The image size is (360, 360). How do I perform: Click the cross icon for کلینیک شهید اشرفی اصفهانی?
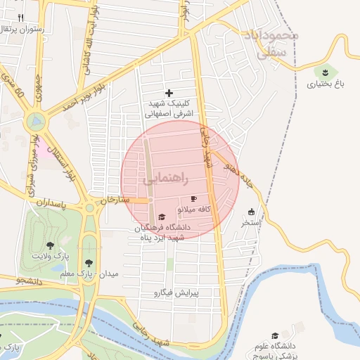pos(169,93)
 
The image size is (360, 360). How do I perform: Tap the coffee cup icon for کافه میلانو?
pos(194,199)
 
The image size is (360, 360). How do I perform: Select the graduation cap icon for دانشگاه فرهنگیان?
pos(162,217)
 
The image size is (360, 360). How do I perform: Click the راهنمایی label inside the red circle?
pos(166,180)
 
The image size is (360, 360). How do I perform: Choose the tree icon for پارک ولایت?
pos(50,245)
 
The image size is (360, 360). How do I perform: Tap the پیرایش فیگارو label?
pos(178,292)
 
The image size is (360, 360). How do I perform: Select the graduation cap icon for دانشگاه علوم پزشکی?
pos(276,335)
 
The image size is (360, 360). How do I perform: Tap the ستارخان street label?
pos(116,200)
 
